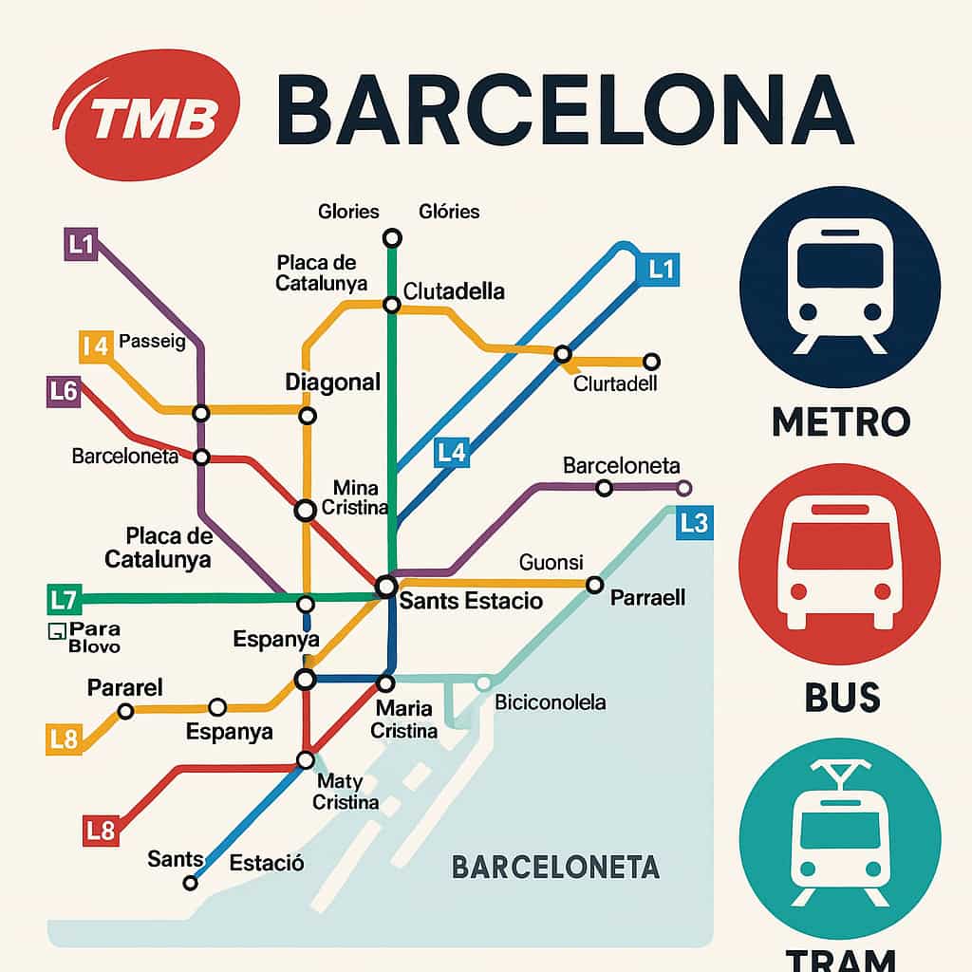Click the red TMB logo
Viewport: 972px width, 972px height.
(147, 115)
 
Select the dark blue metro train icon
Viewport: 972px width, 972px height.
(840, 289)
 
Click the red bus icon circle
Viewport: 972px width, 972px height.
(840, 564)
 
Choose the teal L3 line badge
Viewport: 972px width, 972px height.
(694, 523)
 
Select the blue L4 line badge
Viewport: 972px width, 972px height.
(452, 453)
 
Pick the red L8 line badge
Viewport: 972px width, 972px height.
(100, 831)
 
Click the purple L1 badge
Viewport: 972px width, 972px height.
(81, 245)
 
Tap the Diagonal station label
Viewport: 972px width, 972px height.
(332, 383)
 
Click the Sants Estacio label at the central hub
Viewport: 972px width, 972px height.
(471, 601)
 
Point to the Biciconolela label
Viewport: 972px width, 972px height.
(551, 703)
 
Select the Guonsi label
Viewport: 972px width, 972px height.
(551, 562)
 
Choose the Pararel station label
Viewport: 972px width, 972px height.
(125, 686)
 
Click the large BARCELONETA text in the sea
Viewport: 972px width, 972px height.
(555, 867)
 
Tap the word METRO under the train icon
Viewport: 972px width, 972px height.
(840, 421)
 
